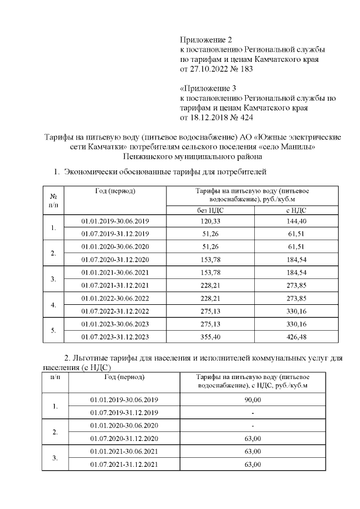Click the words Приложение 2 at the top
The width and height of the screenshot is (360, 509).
(x=206, y=39)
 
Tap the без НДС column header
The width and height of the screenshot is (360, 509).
(x=210, y=209)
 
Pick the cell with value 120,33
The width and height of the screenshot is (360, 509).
(x=210, y=221)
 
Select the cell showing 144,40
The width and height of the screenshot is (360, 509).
(x=296, y=221)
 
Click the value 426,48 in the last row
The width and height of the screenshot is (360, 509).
(x=296, y=337)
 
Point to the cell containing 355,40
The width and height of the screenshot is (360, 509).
(x=210, y=337)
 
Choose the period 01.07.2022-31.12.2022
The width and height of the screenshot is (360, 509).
(x=115, y=311)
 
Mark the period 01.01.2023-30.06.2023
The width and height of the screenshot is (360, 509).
(x=115, y=324)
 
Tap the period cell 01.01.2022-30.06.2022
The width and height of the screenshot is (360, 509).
(x=115, y=298)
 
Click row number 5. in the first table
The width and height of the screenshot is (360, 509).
(x=54, y=330)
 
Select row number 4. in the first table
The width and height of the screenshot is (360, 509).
(x=54, y=304)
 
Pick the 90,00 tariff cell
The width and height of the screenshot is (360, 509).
(x=253, y=400)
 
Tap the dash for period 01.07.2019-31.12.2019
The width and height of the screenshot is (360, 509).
(x=253, y=413)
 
